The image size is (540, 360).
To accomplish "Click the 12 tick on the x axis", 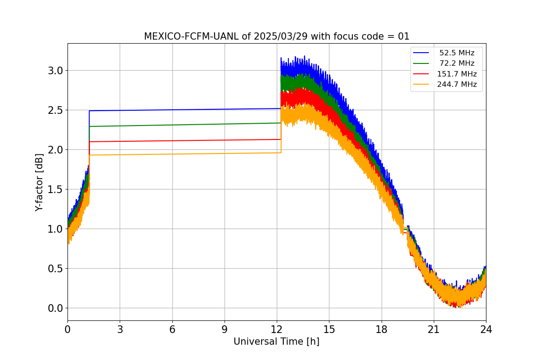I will click(277, 329).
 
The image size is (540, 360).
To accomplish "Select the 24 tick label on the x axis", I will click(486, 329).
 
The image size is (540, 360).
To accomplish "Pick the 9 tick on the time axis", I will click(225, 329).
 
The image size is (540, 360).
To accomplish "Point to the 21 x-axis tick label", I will click(434, 329).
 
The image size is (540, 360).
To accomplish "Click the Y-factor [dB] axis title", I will click(40, 182).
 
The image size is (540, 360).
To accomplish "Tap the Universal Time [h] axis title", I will click(276, 342).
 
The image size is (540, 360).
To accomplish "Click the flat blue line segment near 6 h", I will click(172, 110).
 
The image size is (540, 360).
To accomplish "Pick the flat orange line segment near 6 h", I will click(172, 154).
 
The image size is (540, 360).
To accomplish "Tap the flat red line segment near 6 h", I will click(172, 141).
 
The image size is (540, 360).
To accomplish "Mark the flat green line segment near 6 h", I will click(172, 125).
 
